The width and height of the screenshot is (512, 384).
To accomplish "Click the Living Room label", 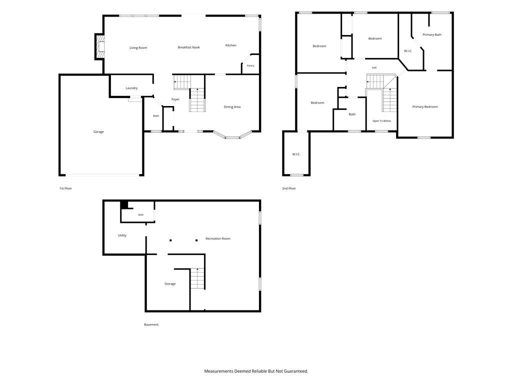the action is (138, 47).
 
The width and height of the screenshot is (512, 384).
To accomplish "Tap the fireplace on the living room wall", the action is (100, 46).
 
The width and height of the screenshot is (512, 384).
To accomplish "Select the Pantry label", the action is (250, 65).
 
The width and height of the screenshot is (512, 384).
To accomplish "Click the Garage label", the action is (98, 131).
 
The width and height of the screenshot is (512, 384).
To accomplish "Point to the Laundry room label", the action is (131, 88).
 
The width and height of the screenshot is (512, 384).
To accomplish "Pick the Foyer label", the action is (175, 99).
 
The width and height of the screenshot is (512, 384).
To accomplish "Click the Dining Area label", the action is (232, 107).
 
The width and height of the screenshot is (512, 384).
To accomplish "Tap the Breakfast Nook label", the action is (188, 47).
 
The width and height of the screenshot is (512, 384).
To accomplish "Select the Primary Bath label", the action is (432, 34).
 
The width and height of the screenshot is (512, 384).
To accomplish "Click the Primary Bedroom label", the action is (425, 107).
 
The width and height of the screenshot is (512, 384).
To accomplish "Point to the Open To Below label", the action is (381, 121).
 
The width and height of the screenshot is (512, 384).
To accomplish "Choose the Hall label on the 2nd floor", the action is (374, 67).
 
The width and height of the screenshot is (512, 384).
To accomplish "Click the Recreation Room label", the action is (218, 238).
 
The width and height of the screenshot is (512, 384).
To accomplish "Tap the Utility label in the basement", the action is (122, 235).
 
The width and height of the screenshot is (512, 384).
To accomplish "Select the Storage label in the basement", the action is (170, 284).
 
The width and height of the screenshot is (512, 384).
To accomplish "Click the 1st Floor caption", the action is (65, 188).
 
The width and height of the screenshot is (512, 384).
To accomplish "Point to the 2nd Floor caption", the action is (289, 188).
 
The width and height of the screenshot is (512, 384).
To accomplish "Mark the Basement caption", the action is (151, 324).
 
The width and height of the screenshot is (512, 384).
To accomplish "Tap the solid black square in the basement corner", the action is (124, 204).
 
